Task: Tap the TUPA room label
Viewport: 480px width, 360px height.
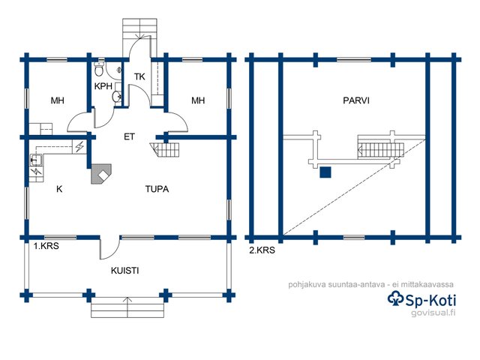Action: click(x=157, y=189)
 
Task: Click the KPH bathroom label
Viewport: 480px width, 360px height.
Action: click(x=103, y=86)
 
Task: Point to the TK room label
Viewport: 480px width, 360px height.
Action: click(x=139, y=77)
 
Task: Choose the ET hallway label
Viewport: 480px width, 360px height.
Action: click(x=129, y=137)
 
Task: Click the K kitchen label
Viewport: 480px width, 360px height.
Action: click(x=58, y=190)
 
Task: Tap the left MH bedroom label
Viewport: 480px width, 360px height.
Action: click(x=58, y=100)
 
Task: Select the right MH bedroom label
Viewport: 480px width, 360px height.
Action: click(x=198, y=100)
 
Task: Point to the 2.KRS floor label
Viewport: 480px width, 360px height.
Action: click(x=262, y=251)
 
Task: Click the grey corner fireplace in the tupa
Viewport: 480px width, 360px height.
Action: click(x=99, y=175)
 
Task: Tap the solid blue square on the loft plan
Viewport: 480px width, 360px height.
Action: click(x=325, y=172)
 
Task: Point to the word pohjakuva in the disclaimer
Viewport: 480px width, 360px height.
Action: click(x=307, y=284)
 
